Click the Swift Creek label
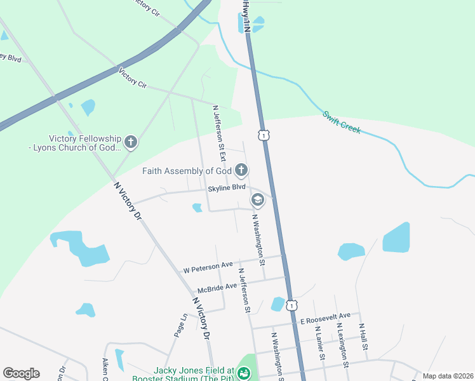coord(342,122)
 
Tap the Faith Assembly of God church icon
coord(241,170)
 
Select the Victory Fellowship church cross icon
coord(131,142)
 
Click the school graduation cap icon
coord(257,201)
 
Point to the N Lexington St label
coord(342,345)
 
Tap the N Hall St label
coord(364,337)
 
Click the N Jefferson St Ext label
coord(220,127)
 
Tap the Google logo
coord(21,373)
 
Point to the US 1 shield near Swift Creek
coord(264,135)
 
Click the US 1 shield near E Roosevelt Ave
coord(291,306)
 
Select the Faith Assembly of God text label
coord(186,171)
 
